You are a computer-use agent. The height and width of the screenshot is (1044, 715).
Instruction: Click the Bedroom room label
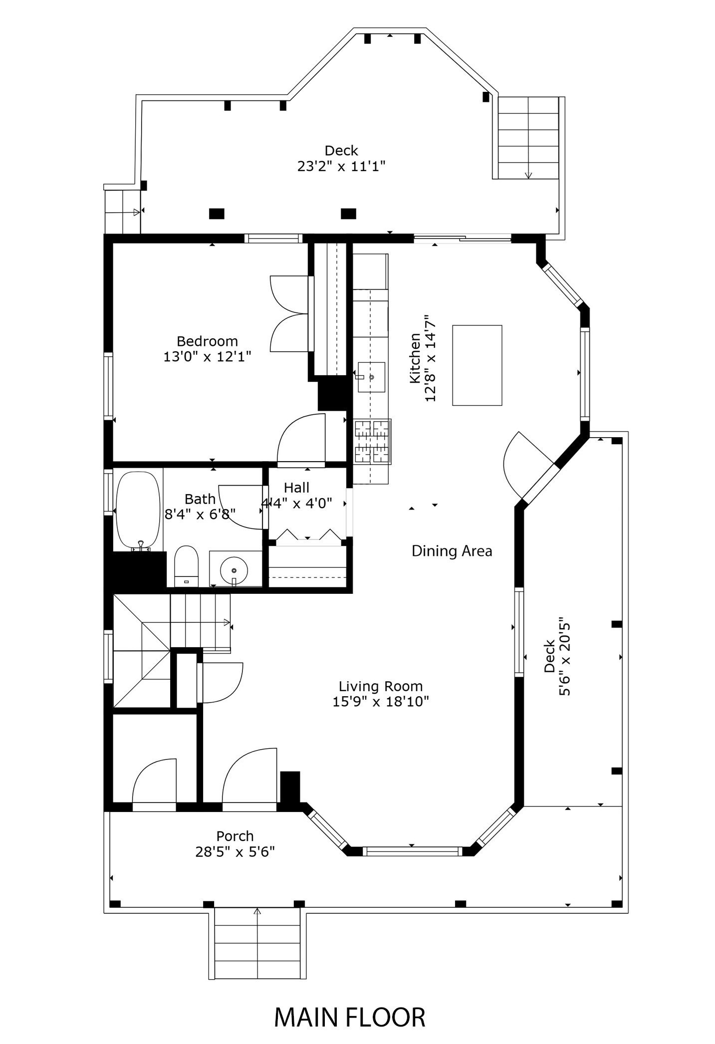(207, 341)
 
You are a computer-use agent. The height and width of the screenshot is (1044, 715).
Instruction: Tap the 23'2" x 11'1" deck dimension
(341, 166)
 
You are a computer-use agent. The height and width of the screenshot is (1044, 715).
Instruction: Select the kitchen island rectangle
(477, 365)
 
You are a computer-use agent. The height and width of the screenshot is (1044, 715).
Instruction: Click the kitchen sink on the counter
(372, 377)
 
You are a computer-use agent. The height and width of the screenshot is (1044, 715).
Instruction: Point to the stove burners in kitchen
(372, 442)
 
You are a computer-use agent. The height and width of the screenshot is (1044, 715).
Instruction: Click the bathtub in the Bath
(138, 510)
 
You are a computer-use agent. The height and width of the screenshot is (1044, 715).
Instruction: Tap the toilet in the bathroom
(186, 566)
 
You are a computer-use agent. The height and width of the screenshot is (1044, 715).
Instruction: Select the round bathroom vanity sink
(234, 569)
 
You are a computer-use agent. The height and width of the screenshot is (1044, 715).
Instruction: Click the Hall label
(296, 488)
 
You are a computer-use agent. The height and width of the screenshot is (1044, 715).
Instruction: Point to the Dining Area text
(452, 551)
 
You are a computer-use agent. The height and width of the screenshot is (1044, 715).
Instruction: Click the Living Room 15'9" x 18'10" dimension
(381, 701)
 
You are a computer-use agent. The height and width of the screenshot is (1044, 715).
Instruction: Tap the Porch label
(235, 835)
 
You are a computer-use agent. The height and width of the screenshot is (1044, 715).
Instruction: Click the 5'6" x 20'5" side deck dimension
(564, 658)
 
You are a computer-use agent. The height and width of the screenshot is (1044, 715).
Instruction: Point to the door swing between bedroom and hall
(301, 439)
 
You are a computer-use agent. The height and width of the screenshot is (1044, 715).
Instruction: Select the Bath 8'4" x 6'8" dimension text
(200, 514)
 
